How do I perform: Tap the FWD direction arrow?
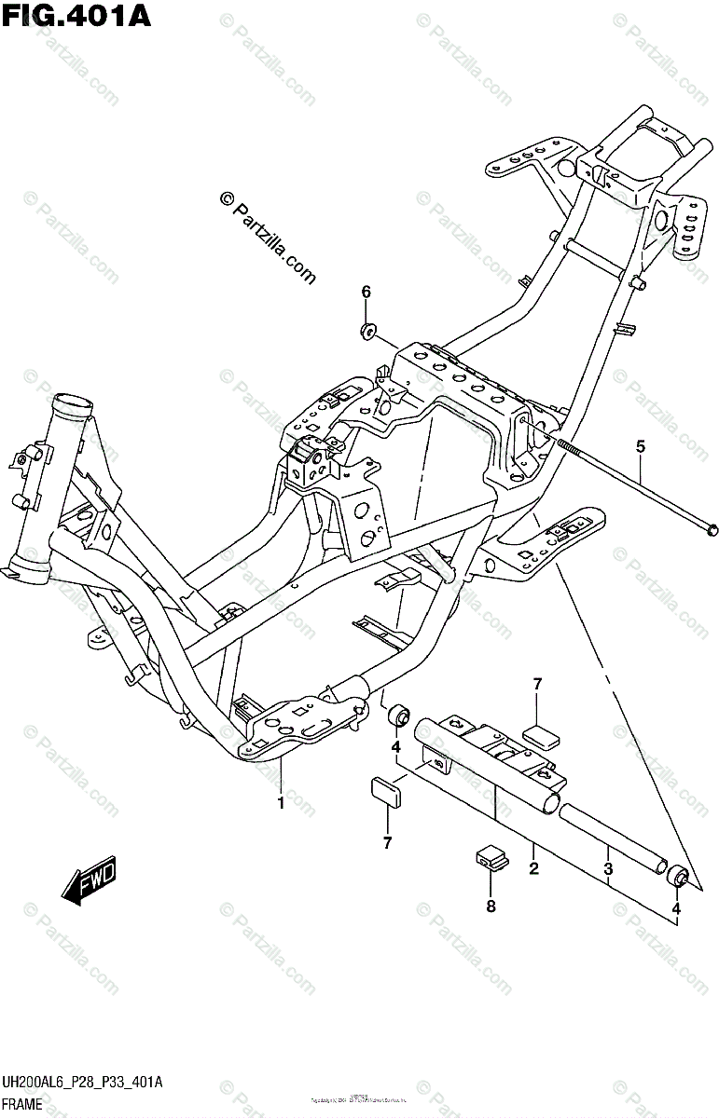[90, 881]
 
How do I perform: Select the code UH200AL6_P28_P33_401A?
[82, 1084]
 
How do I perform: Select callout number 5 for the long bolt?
[640, 447]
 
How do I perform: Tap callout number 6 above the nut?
[366, 293]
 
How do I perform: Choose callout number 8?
[491, 905]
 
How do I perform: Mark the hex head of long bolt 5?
[712, 529]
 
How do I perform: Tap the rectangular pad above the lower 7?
[386, 790]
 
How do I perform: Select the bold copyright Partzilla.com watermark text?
[267, 237]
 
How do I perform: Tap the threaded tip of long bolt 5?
[566, 443]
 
